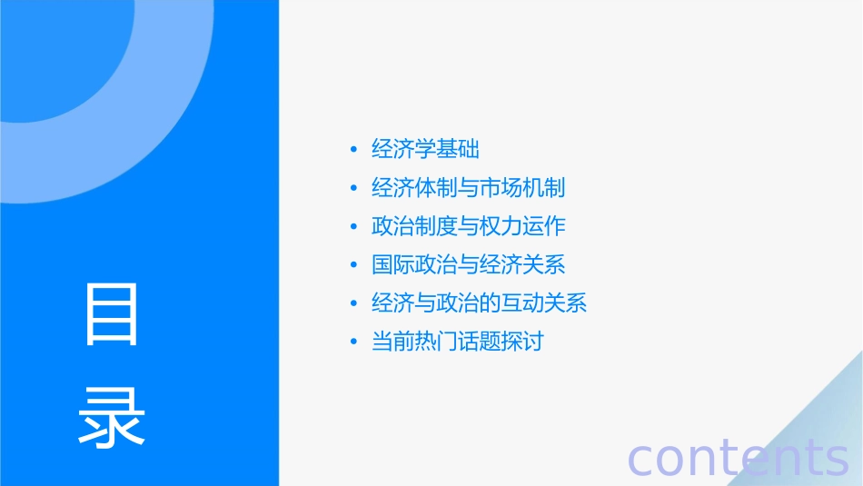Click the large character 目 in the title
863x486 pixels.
pyautogui.click(x=112, y=313)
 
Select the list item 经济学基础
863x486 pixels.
pyautogui.click(x=425, y=149)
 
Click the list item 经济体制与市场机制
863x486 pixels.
pyautogui.click(x=468, y=188)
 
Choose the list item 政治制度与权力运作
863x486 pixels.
pyautogui.click(x=468, y=226)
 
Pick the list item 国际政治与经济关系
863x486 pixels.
pyautogui.click(x=468, y=265)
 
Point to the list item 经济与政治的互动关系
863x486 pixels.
pyautogui.click(x=479, y=303)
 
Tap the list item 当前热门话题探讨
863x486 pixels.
pyautogui.click(x=457, y=342)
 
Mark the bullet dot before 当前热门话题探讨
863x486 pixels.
pyautogui.click(x=353, y=343)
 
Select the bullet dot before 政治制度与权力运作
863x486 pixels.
pyautogui.click(x=353, y=227)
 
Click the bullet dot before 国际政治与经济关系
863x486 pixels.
pyautogui.click(x=353, y=266)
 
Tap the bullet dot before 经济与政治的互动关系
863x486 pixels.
pyautogui.click(x=353, y=304)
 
